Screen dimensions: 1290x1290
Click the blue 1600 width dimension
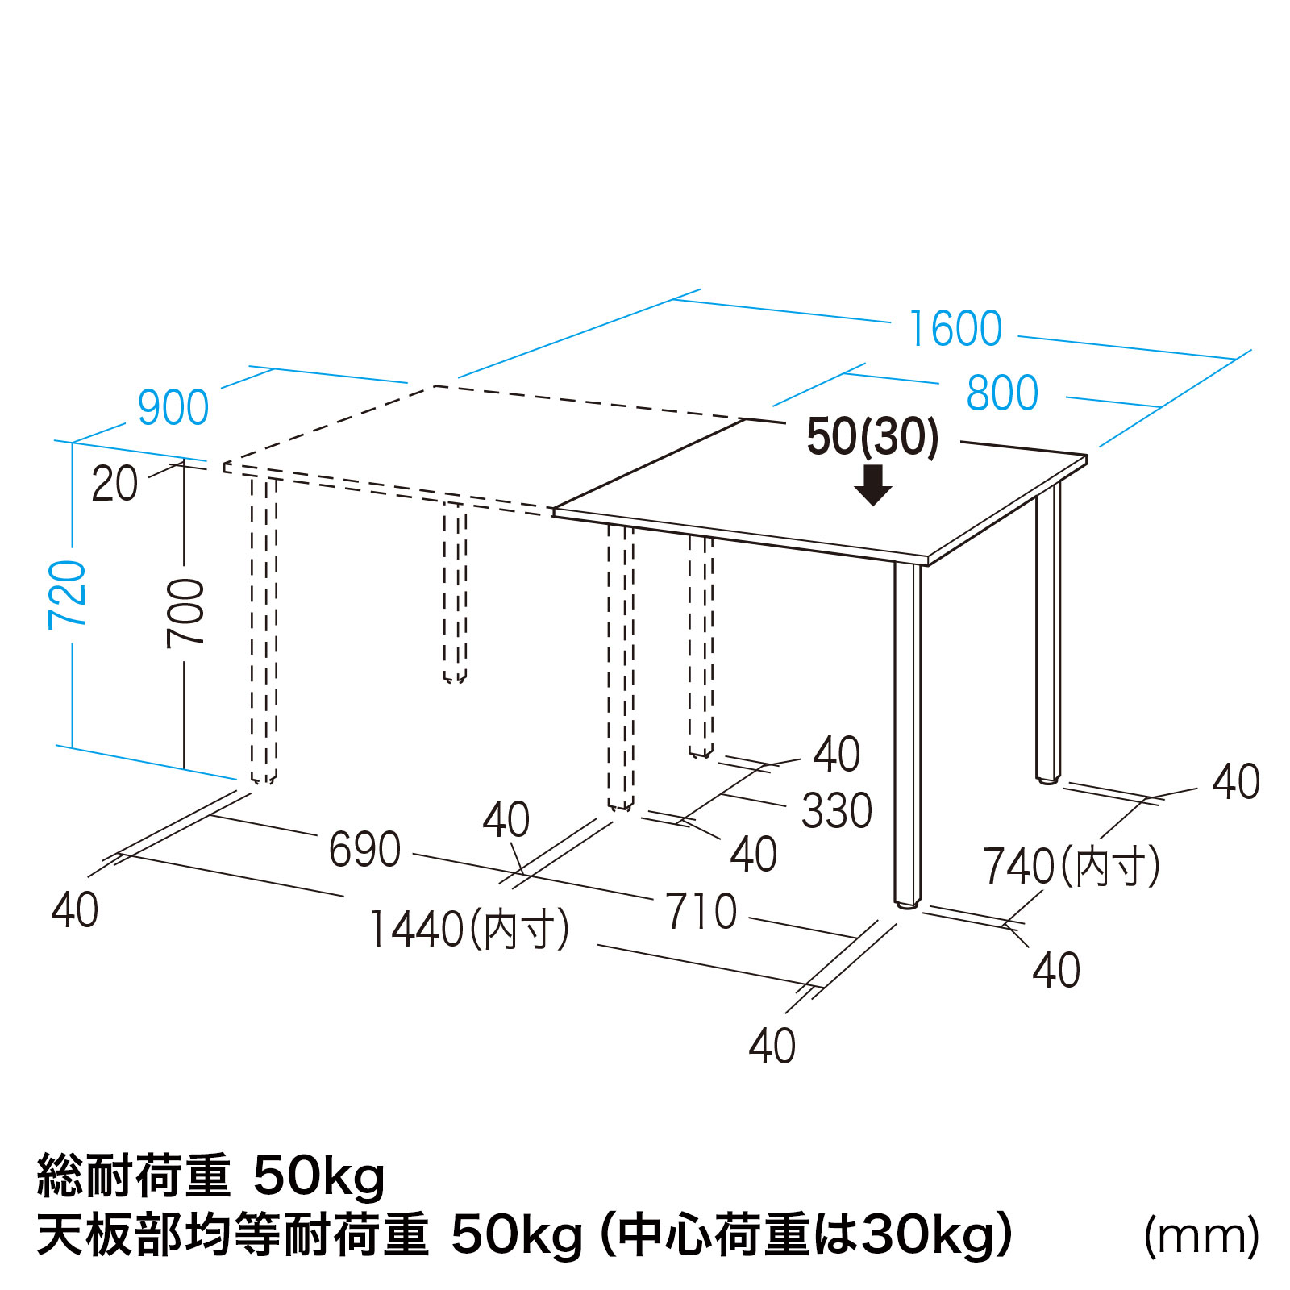point(955,329)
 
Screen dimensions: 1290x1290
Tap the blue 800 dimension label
point(1002,393)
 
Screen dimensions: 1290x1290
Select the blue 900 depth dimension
point(173,408)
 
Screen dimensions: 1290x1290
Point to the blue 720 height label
point(67,595)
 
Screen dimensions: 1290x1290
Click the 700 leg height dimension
point(185,614)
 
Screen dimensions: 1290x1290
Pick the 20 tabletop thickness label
point(114,484)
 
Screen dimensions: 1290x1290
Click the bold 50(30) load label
point(873,437)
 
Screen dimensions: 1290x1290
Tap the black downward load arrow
point(872,485)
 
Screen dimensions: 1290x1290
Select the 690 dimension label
point(364,850)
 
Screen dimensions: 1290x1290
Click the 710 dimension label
point(701,912)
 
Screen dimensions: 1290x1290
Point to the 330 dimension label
point(837,811)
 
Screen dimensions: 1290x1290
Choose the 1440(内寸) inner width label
point(469,929)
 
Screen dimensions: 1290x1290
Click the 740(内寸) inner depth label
point(1072,867)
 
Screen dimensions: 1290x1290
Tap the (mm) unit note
point(1201,1236)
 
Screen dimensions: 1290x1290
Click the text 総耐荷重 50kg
point(211,1176)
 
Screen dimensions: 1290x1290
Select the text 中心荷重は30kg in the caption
point(807,1235)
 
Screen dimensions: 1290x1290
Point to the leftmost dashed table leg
point(264,630)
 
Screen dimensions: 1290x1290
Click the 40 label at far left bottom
point(75,910)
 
